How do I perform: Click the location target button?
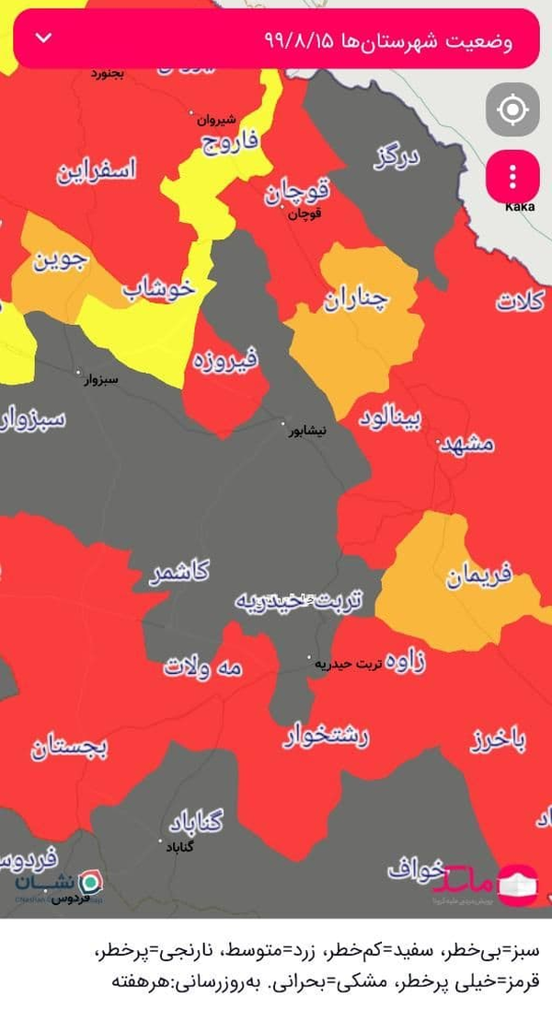tap(512, 110)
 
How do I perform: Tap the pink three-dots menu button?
tap(512, 176)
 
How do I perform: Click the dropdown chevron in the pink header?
tap(43, 39)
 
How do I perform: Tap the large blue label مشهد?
tap(467, 444)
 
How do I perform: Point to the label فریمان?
tap(478, 577)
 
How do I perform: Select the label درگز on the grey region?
tap(397, 158)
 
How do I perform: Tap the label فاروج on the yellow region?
tap(232, 143)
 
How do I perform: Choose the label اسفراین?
tap(97, 170)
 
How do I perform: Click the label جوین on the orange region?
tap(62, 261)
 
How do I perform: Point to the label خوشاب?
tap(158, 287)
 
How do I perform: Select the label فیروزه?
tap(225, 357)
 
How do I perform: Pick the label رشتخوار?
tap(326, 734)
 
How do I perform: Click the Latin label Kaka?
tap(520, 206)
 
